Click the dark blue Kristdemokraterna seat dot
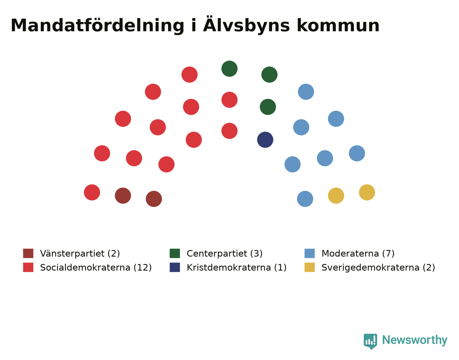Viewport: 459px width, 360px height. [x=265, y=140]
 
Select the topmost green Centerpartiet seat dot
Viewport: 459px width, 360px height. [x=229, y=68]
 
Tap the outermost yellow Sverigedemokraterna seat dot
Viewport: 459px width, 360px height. [x=367, y=192]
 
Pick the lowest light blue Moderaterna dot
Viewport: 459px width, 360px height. [x=305, y=199]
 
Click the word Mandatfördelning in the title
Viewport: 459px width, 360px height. [x=97, y=26]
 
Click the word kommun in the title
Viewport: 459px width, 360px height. [x=338, y=26]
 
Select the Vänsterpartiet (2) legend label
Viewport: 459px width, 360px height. [x=80, y=254]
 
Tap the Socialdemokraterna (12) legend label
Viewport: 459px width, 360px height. [x=96, y=267]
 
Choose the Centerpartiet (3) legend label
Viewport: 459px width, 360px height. [x=225, y=254]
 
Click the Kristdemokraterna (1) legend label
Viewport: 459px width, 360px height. [x=237, y=267]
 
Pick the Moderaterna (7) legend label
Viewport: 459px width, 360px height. [x=358, y=254]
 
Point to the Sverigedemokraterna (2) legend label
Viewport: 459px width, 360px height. [x=378, y=267]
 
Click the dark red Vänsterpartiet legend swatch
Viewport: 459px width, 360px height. [x=28, y=253]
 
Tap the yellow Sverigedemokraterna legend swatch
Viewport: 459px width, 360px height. [x=309, y=267]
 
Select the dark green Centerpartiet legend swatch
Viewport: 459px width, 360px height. [x=175, y=253]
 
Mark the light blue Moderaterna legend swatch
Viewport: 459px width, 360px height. [x=309, y=253]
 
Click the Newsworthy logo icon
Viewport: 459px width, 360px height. [x=370, y=342]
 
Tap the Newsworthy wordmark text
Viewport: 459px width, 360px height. [x=415, y=340]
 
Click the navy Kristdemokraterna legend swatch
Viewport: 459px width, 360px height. [x=175, y=267]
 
